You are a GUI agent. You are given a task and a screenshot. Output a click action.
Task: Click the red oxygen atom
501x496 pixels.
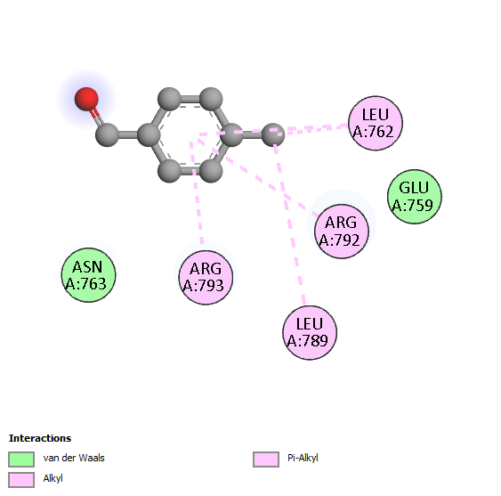(86, 99)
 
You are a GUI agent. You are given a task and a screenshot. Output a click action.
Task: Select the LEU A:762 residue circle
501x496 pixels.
(376, 123)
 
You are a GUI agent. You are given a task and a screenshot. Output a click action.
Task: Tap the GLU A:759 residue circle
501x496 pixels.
(415, 197)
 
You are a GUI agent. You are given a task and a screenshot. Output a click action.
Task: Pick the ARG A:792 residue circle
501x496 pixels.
(342, 232)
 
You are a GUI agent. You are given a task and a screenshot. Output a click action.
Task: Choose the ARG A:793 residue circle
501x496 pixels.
(206, 277)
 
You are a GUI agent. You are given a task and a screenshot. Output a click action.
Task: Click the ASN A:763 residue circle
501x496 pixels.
(88, 275)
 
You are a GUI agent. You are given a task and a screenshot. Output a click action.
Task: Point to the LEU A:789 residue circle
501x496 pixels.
(310, 332)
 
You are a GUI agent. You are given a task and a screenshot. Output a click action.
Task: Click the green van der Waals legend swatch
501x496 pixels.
(21, 459)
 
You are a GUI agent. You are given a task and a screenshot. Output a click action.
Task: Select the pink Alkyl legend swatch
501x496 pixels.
(21, 480)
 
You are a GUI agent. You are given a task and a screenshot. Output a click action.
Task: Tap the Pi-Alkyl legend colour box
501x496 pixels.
(266, 459)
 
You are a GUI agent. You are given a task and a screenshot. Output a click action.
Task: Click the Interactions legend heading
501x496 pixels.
(40, 438)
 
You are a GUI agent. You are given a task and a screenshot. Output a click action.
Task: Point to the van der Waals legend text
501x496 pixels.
(74, 458)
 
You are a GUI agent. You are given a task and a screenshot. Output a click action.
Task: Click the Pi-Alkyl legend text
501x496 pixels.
(303, 458)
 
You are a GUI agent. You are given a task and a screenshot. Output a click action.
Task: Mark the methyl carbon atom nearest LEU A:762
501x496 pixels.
(273, 134)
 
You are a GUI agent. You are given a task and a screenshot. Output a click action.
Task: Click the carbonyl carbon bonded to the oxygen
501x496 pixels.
(107, 135)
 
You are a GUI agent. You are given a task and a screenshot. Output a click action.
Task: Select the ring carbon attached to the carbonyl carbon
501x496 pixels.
(149, 135)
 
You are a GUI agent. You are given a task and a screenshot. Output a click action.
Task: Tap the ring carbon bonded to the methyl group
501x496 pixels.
(231, 134)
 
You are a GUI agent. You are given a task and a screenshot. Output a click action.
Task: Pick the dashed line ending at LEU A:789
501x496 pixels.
(289, 224)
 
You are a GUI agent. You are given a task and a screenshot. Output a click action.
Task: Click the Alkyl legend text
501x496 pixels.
(53, 478)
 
